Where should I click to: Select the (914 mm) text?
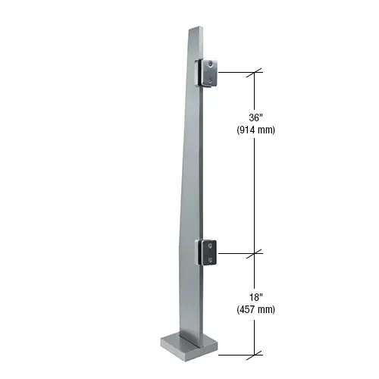pyautogui.click(x=255, y=130)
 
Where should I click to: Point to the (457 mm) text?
pyautogui.click(x=255, y=309)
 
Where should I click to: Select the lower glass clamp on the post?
pyautogui.click(x=208, y=253)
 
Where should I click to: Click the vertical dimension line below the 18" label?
pyautogui.click(x=255, y=334)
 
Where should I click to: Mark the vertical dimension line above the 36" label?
pyautogui.click(x=255, y=91)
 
